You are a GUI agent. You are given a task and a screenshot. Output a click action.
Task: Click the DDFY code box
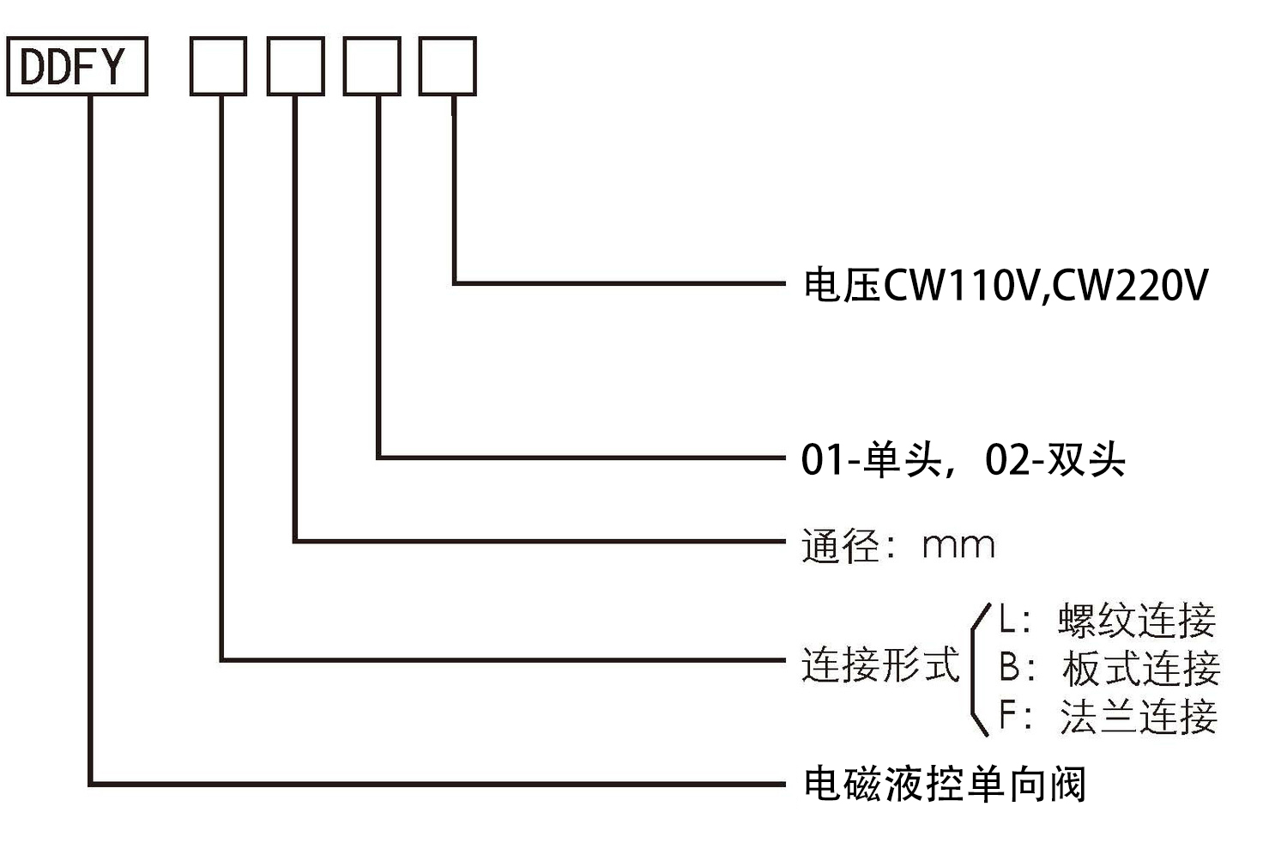(76, 66)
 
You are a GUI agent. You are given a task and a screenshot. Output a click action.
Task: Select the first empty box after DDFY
(218, 66)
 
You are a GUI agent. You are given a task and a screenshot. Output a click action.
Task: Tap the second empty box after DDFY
(295, 66)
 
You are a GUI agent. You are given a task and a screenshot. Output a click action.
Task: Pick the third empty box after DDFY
(372, 66)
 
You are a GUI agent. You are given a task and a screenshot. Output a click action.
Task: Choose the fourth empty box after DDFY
(447, 66)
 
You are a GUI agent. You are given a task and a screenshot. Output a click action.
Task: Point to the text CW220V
(1131, 285)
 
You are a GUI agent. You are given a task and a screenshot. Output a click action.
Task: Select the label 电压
(841, 285)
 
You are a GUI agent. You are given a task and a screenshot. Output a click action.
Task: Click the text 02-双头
(1055, 460)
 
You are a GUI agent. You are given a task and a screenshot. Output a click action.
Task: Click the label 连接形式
(879, 664)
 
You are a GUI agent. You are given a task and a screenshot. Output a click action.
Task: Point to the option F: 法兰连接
(1107, 716)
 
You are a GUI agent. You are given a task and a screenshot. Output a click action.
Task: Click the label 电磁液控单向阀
(944, 784)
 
